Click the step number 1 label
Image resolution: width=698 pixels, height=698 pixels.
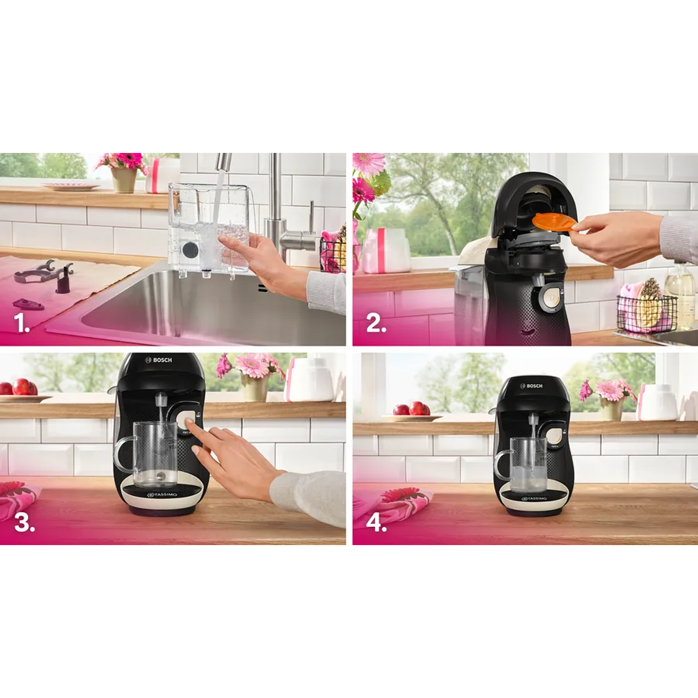tap(22, 323)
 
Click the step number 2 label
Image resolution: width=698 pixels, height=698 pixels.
tap(376, 323)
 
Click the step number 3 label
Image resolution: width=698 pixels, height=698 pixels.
tap(24, 522)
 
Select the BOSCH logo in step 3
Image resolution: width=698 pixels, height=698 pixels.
tap(159, 360)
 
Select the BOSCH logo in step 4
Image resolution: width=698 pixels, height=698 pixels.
tap(531, 386)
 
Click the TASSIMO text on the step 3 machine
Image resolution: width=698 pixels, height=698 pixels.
tap(162, 494)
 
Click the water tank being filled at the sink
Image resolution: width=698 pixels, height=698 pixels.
tap(209, 228)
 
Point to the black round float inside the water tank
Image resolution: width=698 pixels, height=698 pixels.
tap(190, 249)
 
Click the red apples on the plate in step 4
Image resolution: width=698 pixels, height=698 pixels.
tap(411, 409)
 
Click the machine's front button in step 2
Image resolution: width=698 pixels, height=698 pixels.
tap(550, 296)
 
